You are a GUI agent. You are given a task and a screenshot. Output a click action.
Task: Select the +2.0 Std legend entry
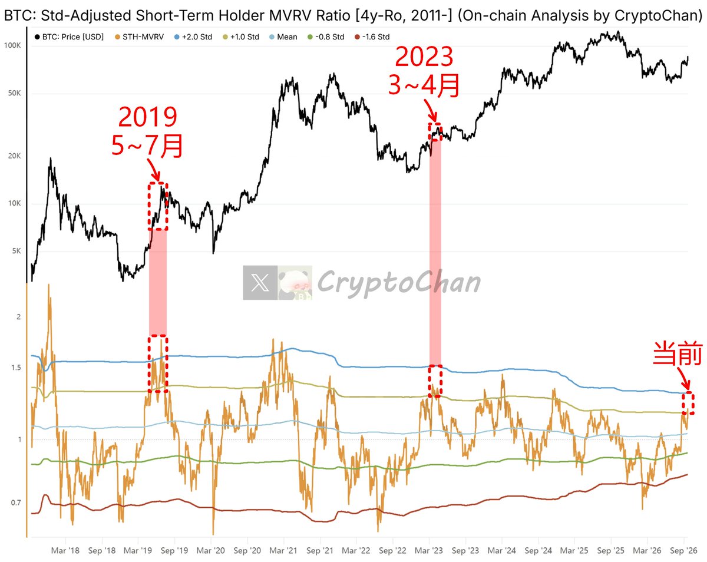[x=193, y=37]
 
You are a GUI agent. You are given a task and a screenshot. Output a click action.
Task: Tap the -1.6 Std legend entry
[x=372, y=37]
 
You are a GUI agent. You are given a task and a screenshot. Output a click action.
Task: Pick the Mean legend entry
[x=283, y=37]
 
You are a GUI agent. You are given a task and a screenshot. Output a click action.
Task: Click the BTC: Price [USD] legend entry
[x=69, y=37]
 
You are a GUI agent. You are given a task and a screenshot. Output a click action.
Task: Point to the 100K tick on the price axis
[x=12, y=45]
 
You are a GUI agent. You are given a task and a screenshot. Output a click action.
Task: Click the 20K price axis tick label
[x=14, y=156]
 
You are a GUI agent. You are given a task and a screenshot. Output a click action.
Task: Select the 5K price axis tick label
[x=16, y=251]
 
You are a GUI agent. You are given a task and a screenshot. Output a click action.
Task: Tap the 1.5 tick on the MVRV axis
[x=16, y=367]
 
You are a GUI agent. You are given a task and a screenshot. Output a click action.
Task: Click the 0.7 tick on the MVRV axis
[x=16, y=503]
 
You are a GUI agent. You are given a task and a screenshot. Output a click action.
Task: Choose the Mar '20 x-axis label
[x=210, y=550]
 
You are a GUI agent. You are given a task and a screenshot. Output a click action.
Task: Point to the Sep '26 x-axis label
[x=683, y=550]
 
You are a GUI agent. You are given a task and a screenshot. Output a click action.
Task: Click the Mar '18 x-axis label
[x=65, y=550]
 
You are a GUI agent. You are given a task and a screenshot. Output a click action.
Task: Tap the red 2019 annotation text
[x=147, y=117]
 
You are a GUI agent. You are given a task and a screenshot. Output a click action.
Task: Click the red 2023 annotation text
[x=424, y=57]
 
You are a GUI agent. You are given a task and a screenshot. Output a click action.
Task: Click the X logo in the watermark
[x=260, y=283]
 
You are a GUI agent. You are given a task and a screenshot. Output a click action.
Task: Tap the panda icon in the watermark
[x=295, y=283]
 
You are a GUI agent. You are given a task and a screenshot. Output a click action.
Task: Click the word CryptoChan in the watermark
[x=398, y=283]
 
